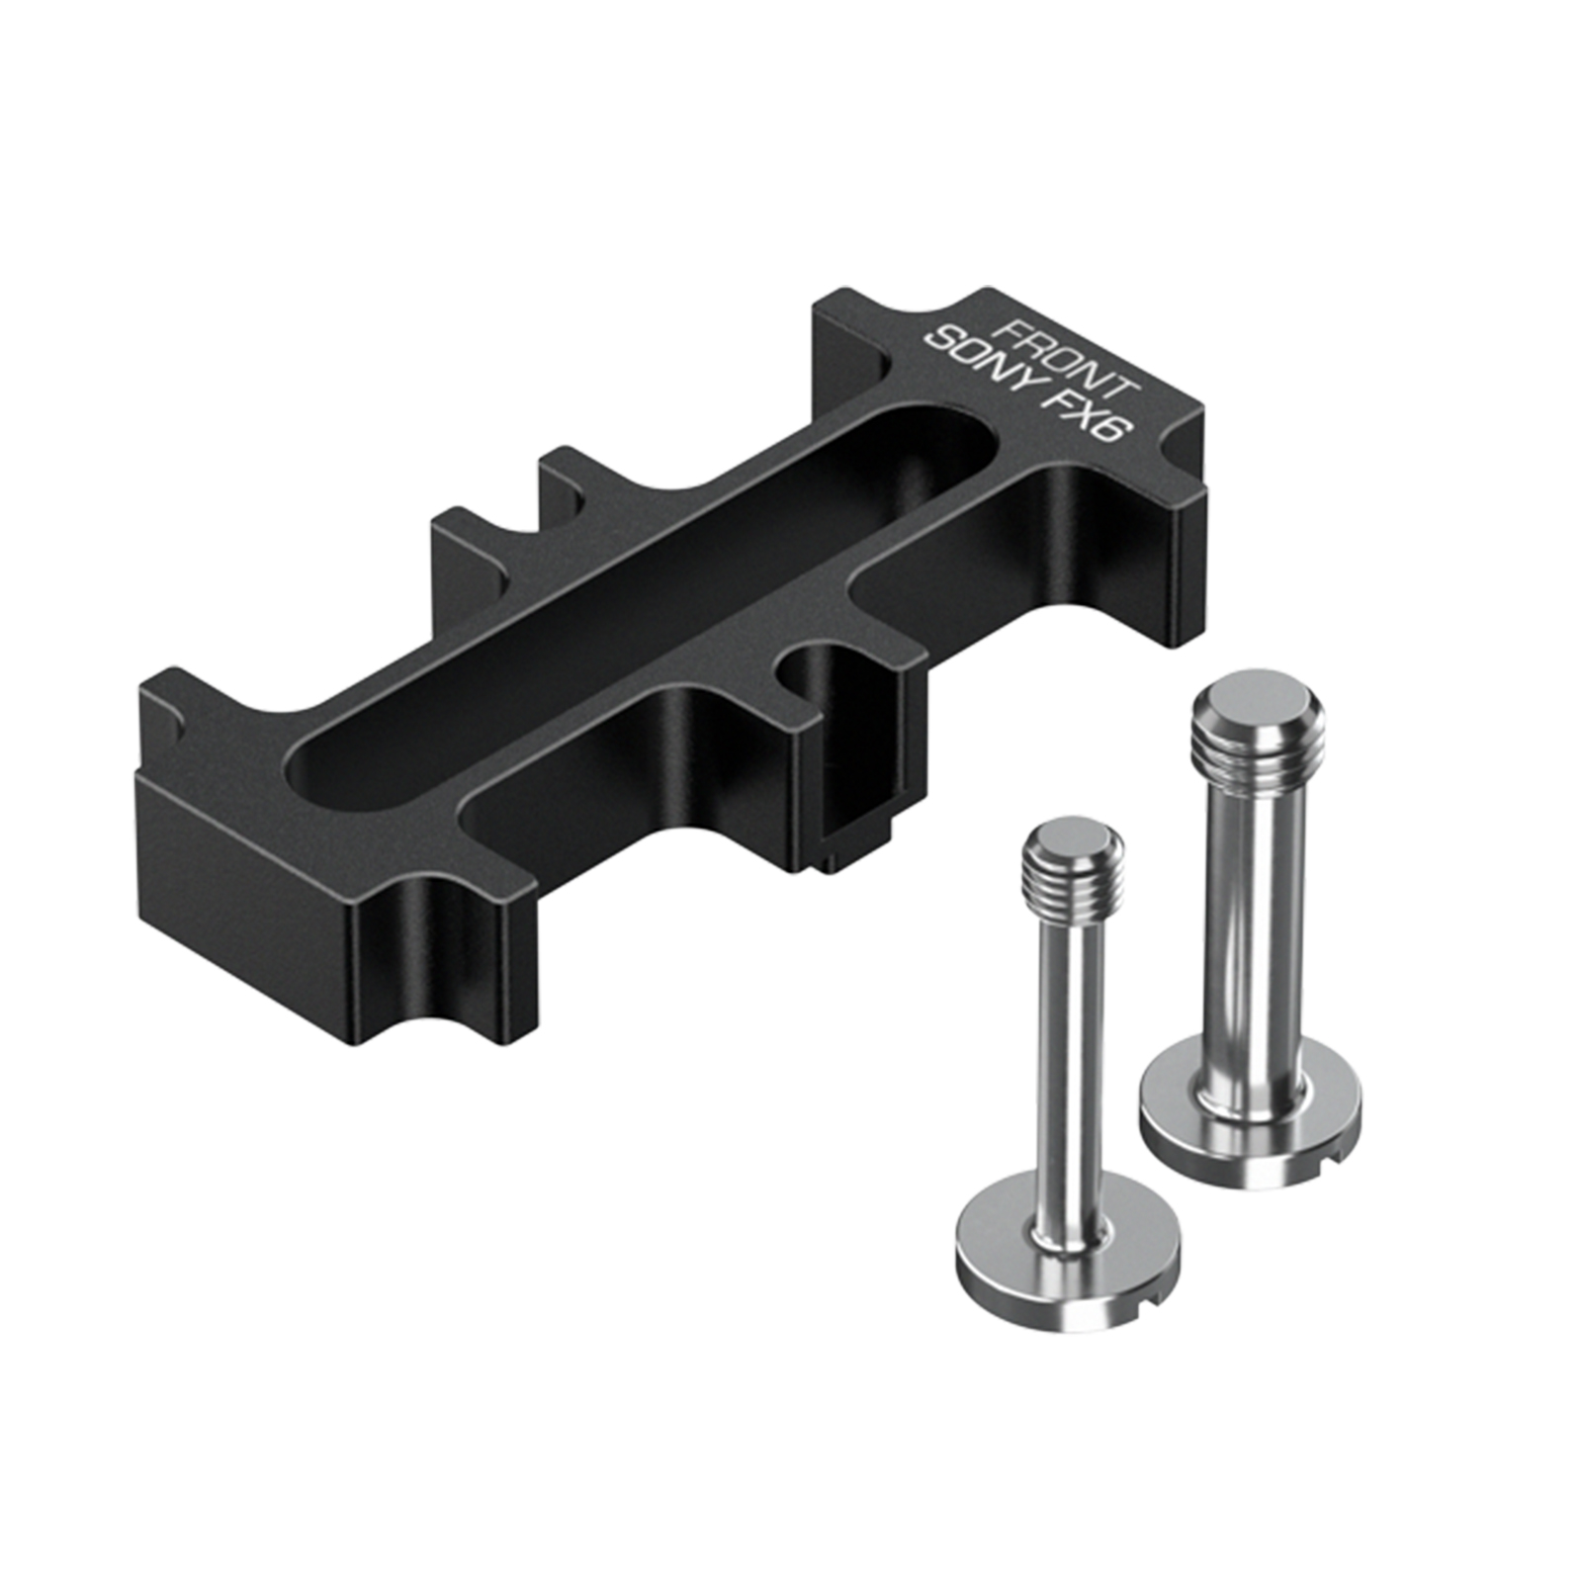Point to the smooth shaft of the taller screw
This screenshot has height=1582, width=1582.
point(1254,920)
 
